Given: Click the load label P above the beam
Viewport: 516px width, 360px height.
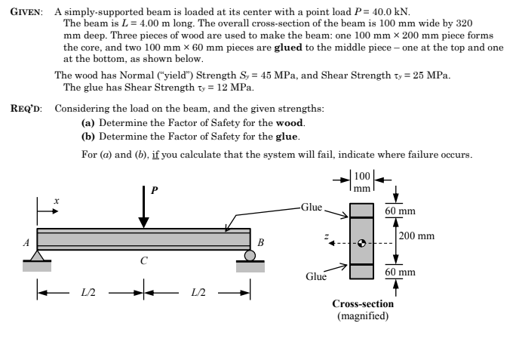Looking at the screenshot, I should tap(155, 189).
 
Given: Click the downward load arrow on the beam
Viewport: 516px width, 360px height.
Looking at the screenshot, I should tap(143, 205).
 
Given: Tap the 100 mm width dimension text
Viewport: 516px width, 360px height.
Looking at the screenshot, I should tap(363, 183).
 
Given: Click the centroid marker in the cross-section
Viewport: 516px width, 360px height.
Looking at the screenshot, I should tap(362, 243).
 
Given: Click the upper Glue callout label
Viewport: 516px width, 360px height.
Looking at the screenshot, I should tap(312, 206).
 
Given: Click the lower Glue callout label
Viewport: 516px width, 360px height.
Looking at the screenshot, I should tap(317, 277).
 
